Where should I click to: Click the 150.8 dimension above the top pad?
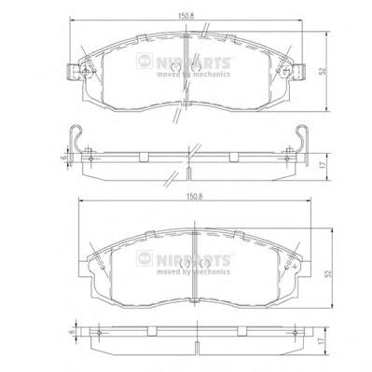186,17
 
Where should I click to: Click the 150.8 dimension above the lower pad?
195,197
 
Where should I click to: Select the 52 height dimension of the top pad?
323,71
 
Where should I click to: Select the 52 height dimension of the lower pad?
329,273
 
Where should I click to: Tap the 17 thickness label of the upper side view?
323,165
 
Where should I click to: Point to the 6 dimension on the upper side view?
64,158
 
